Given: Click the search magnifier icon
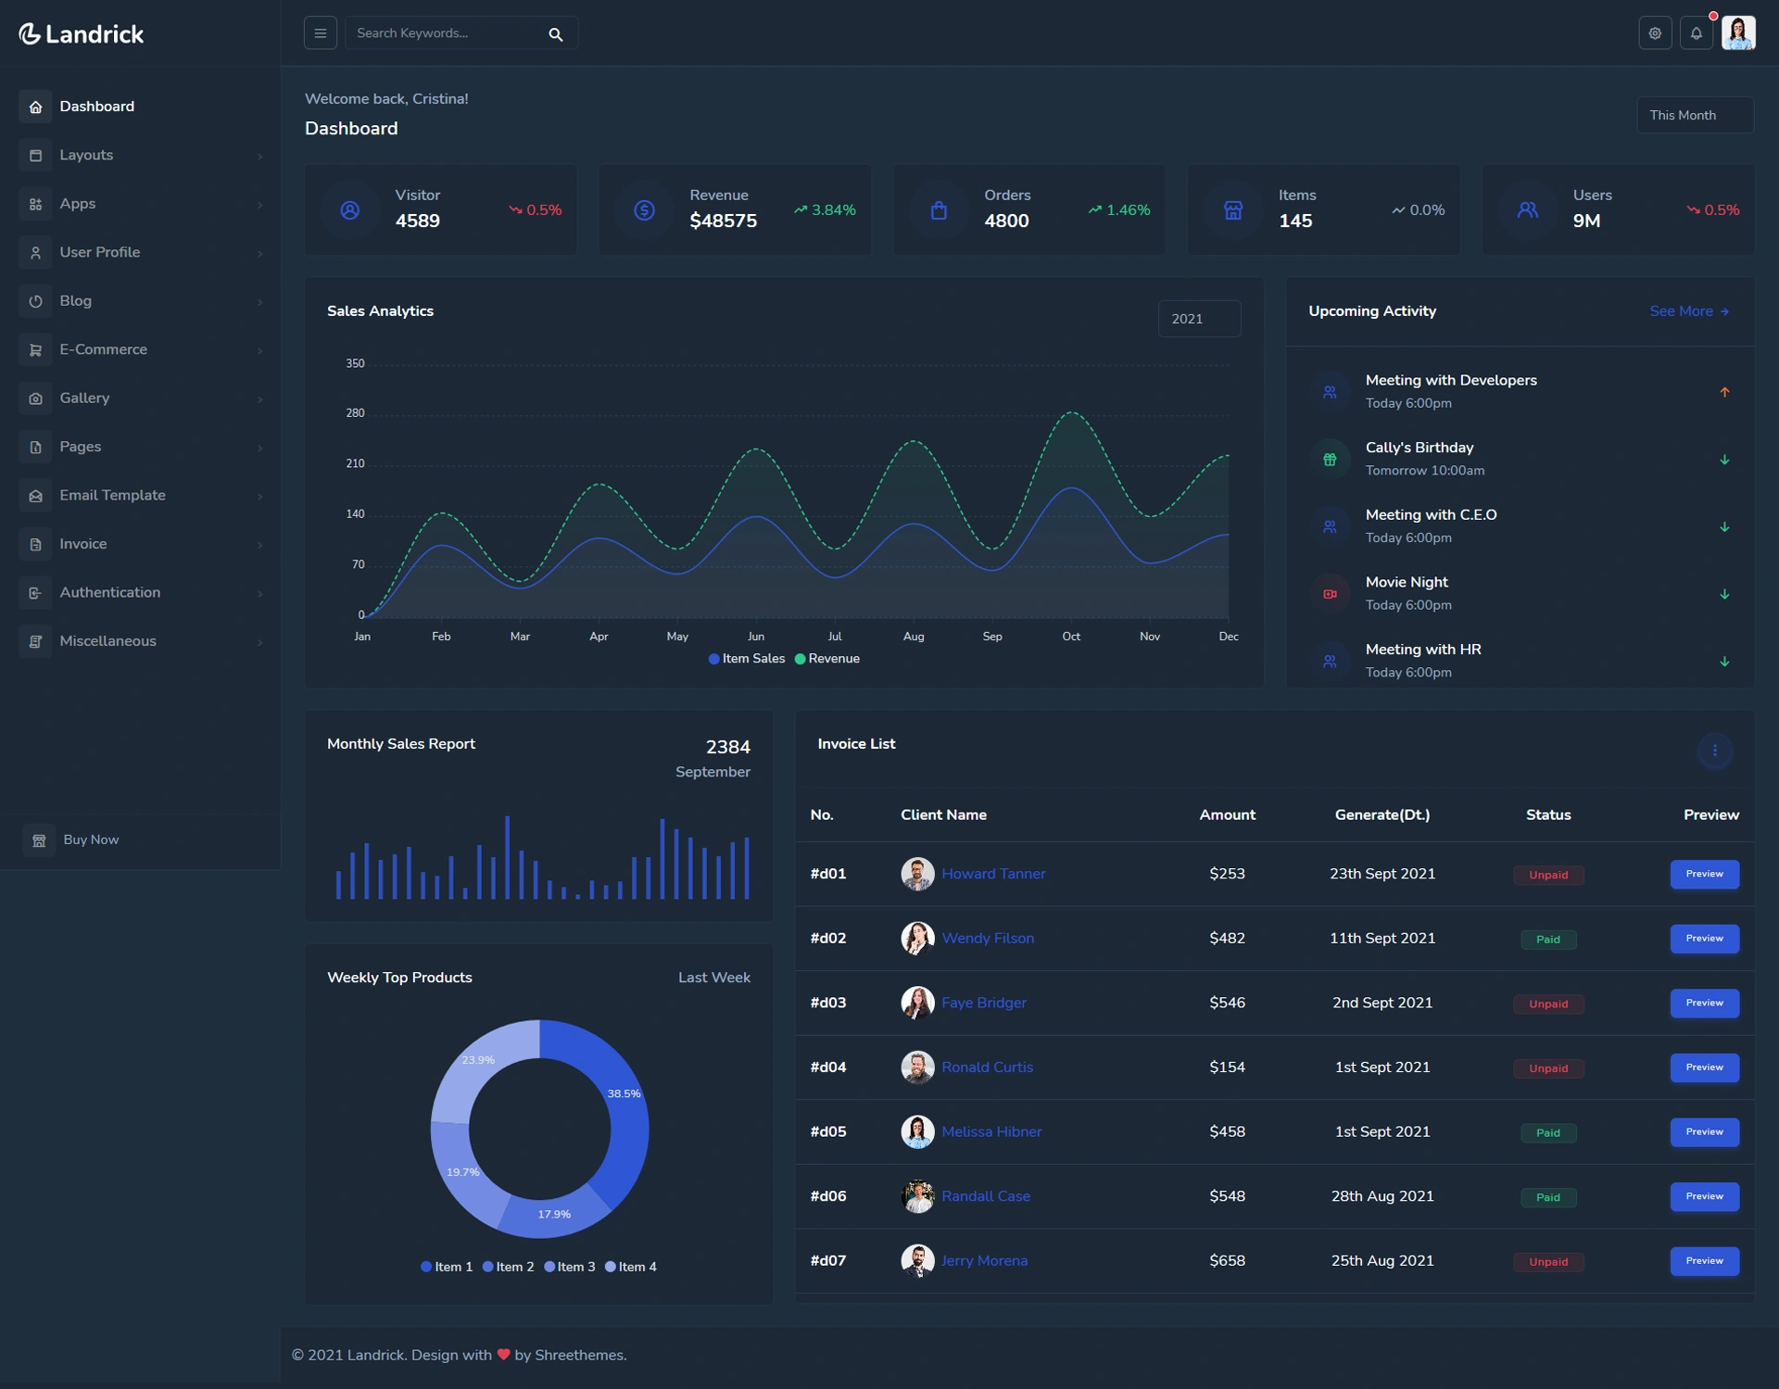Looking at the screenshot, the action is pos(555,34).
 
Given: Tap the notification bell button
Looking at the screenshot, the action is pos(1696,33).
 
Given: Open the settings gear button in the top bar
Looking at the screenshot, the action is pos(1655,33).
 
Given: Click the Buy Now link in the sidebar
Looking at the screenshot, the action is pos(91,840).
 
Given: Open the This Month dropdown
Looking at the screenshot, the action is pos(1695,115).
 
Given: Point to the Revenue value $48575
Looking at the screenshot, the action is pos(723,221).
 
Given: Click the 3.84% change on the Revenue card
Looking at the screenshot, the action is pos(825,210).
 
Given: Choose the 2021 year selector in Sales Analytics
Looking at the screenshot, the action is pos(1199,319).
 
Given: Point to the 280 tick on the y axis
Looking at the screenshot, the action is pos(355,413).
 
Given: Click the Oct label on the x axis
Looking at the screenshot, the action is pos(1071,637).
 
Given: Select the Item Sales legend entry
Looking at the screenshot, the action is pos(747,659).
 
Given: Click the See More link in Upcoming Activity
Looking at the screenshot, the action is pos(1689,311).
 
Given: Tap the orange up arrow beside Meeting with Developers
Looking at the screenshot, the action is pos(1724,392).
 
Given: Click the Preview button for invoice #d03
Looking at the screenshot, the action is pos(1704,1003).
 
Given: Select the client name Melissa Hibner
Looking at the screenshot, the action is pos(991,1131).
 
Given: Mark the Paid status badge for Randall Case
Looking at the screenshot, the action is pos(1548,1197).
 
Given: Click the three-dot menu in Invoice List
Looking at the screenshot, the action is pos(1714,751).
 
